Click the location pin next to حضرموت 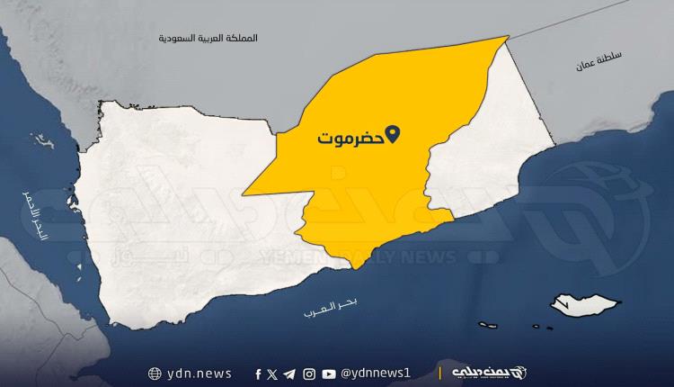coord(392,137)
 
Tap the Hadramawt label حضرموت coord(350,139)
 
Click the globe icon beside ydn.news coord(155,373)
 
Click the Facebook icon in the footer coord(258,373)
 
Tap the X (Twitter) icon coord(272,373)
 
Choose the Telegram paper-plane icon coord(289,373)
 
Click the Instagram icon coord(309,373)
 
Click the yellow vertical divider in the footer coord(439,373)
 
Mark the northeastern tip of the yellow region coord(508,38)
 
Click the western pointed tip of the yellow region coord(244,193)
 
